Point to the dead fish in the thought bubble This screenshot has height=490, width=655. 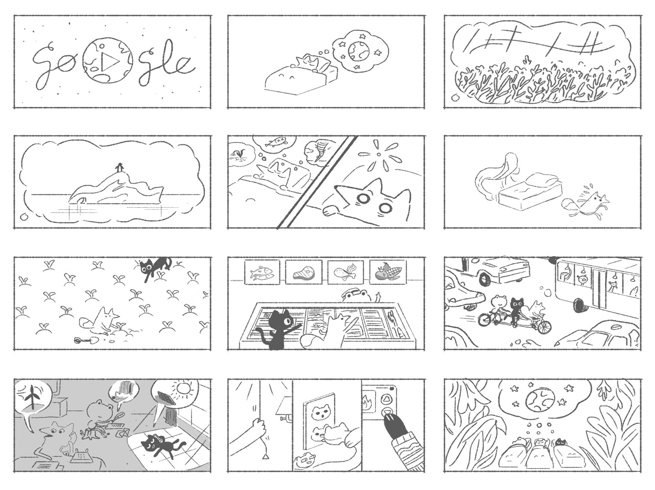(x=276, y=141)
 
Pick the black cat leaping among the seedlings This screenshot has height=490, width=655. (x=156, y=267)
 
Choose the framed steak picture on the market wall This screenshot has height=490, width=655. (x=303, y=271)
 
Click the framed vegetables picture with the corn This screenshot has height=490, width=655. (x=388, y=271)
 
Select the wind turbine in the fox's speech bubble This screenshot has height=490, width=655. (x=31, y=399)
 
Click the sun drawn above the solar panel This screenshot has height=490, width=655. (x=182, y=388)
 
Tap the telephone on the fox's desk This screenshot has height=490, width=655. (x=80, y=456)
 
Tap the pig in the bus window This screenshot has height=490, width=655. (x=581, y=280)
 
